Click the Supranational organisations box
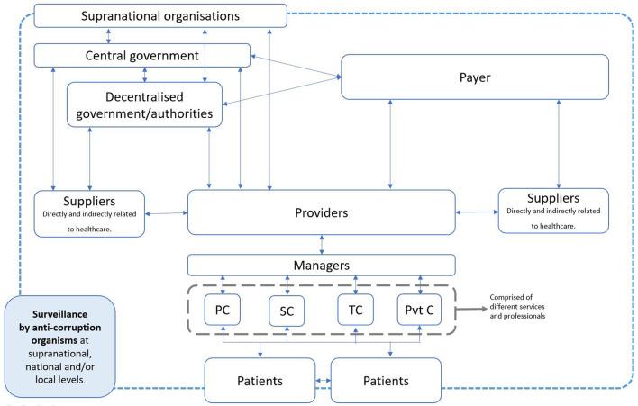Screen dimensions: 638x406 pyautogui.click(x=160, y=16)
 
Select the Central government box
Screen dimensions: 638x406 pyautogui.click(x=142, y=55)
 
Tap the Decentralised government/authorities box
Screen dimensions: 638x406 pyautogui.click(x=144, y=104)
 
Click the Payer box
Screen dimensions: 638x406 pyautogui.click(x=475, y=77)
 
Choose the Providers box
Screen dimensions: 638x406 pyautogui.click(x=322, y=212)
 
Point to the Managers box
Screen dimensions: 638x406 pyautogui.click(x=322, y=266)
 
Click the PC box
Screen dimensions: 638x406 pyautogui.click(x=223, y=310)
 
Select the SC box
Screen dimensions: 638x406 pyautogui.click(x=287, y=311)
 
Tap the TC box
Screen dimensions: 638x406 pyautogui.click(x=356, y=310)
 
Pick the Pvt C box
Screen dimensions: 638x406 pyautogui.click(x=419, y=310)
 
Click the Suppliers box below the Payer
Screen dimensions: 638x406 pyautogui.click(x=553, y=211)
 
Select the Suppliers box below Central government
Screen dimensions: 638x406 pyautogui.click(x=89, y=213)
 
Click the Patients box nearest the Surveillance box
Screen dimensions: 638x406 pyautogui.click(x=260, y=381)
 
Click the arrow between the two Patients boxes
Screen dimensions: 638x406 pyautogui.click(x=324, y=381)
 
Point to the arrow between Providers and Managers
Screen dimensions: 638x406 pyautogui.click(x=322, y=245)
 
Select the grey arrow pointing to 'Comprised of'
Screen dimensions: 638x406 pyautogui.click(x=471, y=309)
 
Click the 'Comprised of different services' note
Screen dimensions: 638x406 pyautogui.click(x=517, y=306)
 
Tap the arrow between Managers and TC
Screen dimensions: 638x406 pyautogui.click(x=356, y=285)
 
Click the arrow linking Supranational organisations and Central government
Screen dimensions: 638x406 pyautogui.click(x=108, y=36)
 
